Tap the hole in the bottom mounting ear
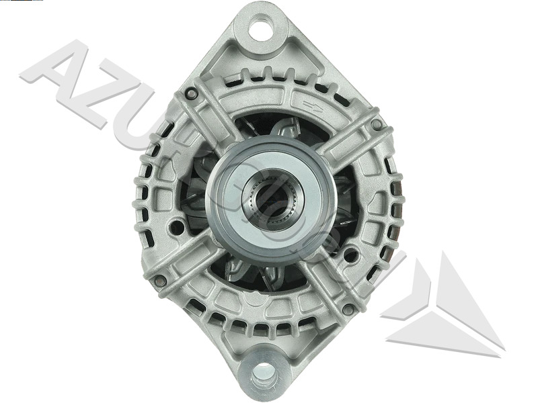[264, 371]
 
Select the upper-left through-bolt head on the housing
[191, 94]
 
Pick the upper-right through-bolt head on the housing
[377, 125]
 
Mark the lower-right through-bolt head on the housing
[348, 309]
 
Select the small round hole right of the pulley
[350, 256]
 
